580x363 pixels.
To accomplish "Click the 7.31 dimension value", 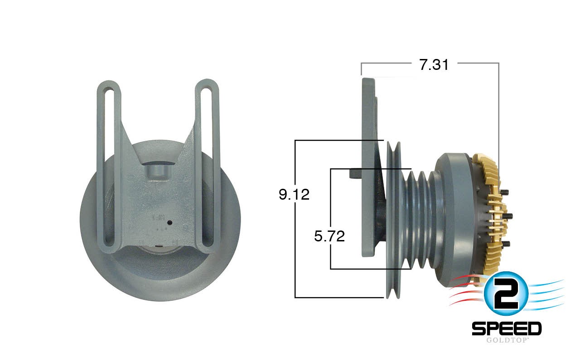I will point(434,65).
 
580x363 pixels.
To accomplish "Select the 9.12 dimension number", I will point(294,195).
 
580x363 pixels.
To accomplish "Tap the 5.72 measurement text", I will point(329,236).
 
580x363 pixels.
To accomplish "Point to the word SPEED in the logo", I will point(506,328).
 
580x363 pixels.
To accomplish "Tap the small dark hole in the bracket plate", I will point(169,223).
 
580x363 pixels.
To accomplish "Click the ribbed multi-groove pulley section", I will point(417,218).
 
